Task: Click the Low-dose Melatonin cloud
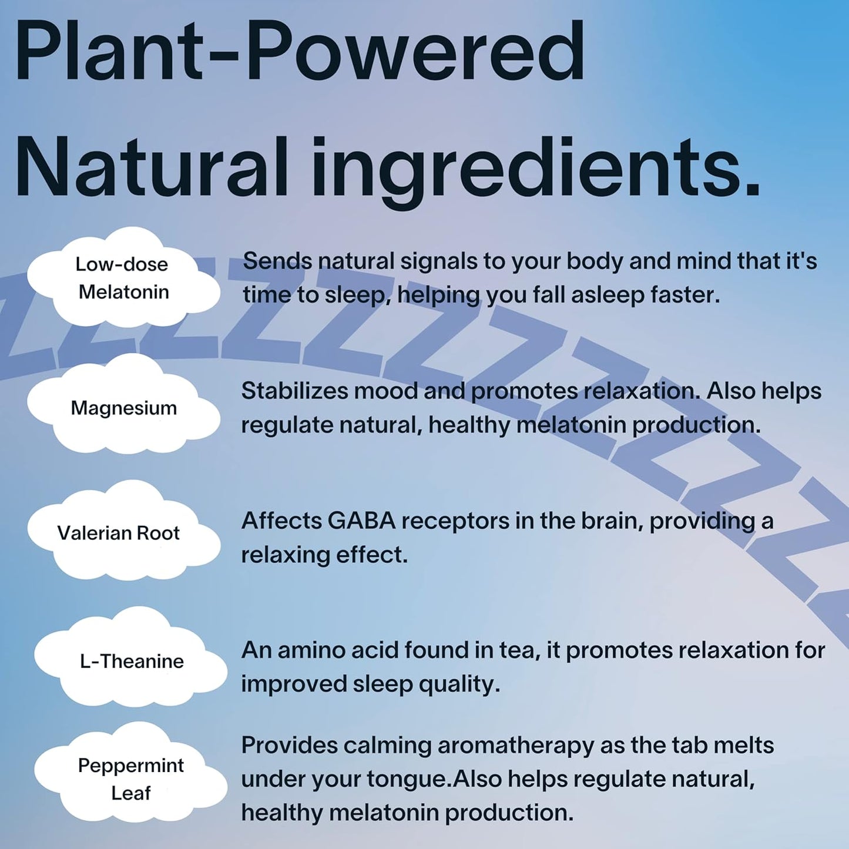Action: (x=123, y=277)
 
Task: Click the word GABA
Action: (x=362, y=521)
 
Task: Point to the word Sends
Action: (x=277, y=261)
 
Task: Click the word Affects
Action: (x=281, y=521)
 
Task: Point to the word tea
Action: (x=519, y=651)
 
